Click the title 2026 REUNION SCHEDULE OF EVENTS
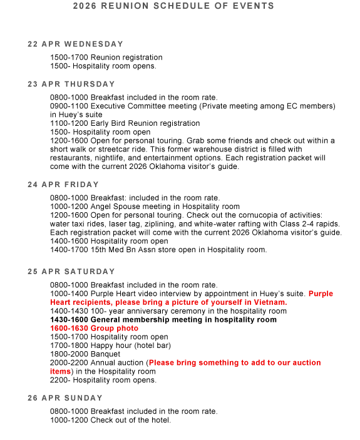tap(173, 6)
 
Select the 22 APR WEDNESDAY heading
tap(76, 44)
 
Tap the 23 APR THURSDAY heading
tap(71, 84)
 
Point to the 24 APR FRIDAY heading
tap(63, 185)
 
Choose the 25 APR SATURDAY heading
tap(71, 272)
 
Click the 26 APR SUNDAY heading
tap(65, 398)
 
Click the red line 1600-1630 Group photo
tap(94, 328)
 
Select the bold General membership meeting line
tap(163, 319)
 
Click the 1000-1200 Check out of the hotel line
tap(110, 420)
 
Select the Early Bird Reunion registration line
tap(125, 123)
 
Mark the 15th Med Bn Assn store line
tap(158, 250)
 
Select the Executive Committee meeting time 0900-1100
tap(69, 106)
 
